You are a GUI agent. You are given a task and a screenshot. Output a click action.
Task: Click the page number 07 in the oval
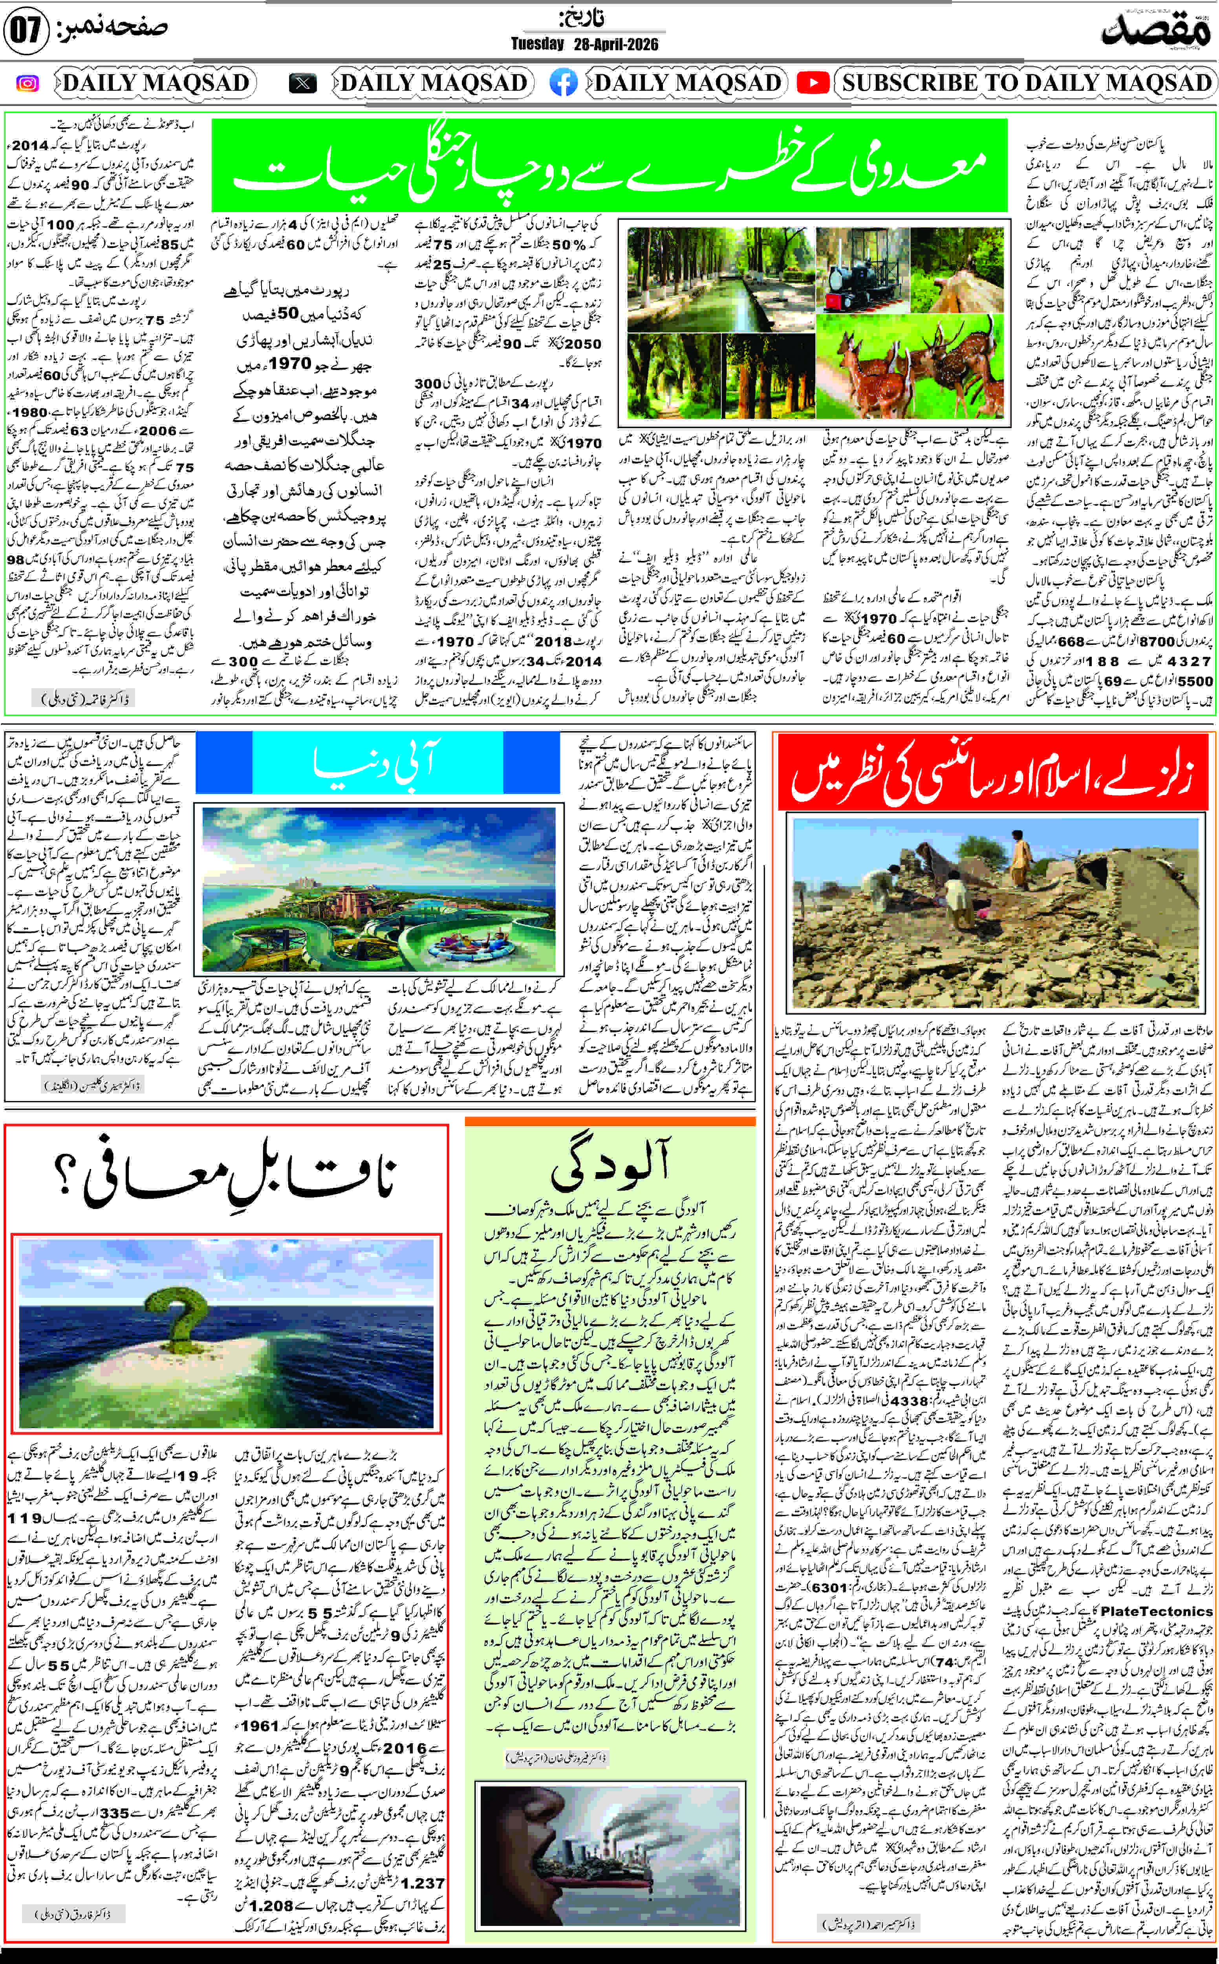(x=26, y=32)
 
